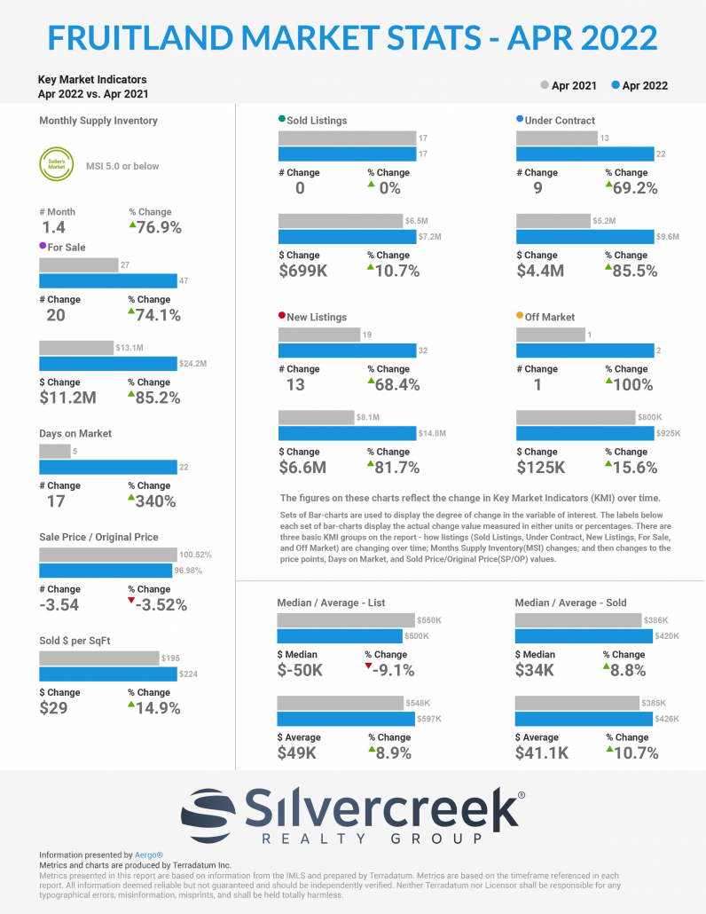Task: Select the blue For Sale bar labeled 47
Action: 107,281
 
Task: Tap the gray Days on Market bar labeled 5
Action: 54,451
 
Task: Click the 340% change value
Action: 156,501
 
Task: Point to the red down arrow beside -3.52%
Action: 131,602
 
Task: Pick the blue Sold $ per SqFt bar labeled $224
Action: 107,674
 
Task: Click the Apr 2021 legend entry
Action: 568,86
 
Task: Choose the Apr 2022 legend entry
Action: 639,86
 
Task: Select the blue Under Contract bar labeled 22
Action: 584,154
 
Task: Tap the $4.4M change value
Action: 540,271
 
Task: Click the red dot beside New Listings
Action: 282,316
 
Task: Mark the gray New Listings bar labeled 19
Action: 318,335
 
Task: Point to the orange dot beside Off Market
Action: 520,316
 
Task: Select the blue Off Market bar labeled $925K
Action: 584,433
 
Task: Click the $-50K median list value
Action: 302,671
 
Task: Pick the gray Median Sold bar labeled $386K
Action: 577,619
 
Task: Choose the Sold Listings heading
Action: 318,120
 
